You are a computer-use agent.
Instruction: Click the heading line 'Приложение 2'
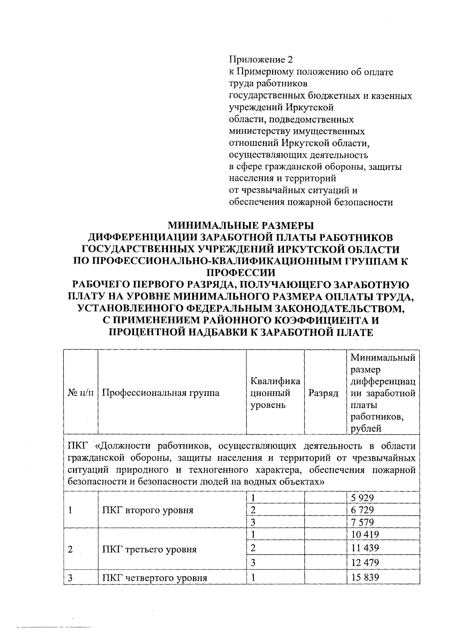click(x=262, y=60)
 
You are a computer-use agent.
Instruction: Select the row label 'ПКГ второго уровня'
click(x=148, y=510)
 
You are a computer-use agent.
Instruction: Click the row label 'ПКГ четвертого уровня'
click(x=155, y=578)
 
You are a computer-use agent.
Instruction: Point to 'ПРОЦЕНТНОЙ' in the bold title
click(x=147, y=333)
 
